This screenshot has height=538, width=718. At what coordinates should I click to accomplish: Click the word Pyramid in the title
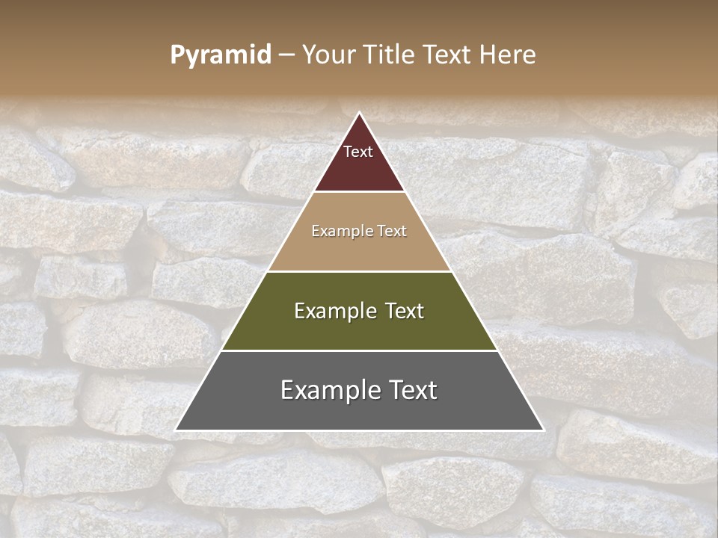(221, 55)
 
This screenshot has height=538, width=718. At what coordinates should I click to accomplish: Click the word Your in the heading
(328, 55)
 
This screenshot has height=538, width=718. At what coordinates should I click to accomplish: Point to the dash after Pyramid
(286, 55)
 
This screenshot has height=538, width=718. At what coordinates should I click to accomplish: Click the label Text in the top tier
(358, 152)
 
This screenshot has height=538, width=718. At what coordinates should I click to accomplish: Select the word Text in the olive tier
(405, 311)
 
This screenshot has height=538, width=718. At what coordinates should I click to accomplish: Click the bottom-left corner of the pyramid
(176, 430)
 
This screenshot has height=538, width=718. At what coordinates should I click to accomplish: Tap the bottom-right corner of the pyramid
(543, 430)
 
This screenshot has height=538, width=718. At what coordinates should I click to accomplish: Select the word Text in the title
(450, 55)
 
